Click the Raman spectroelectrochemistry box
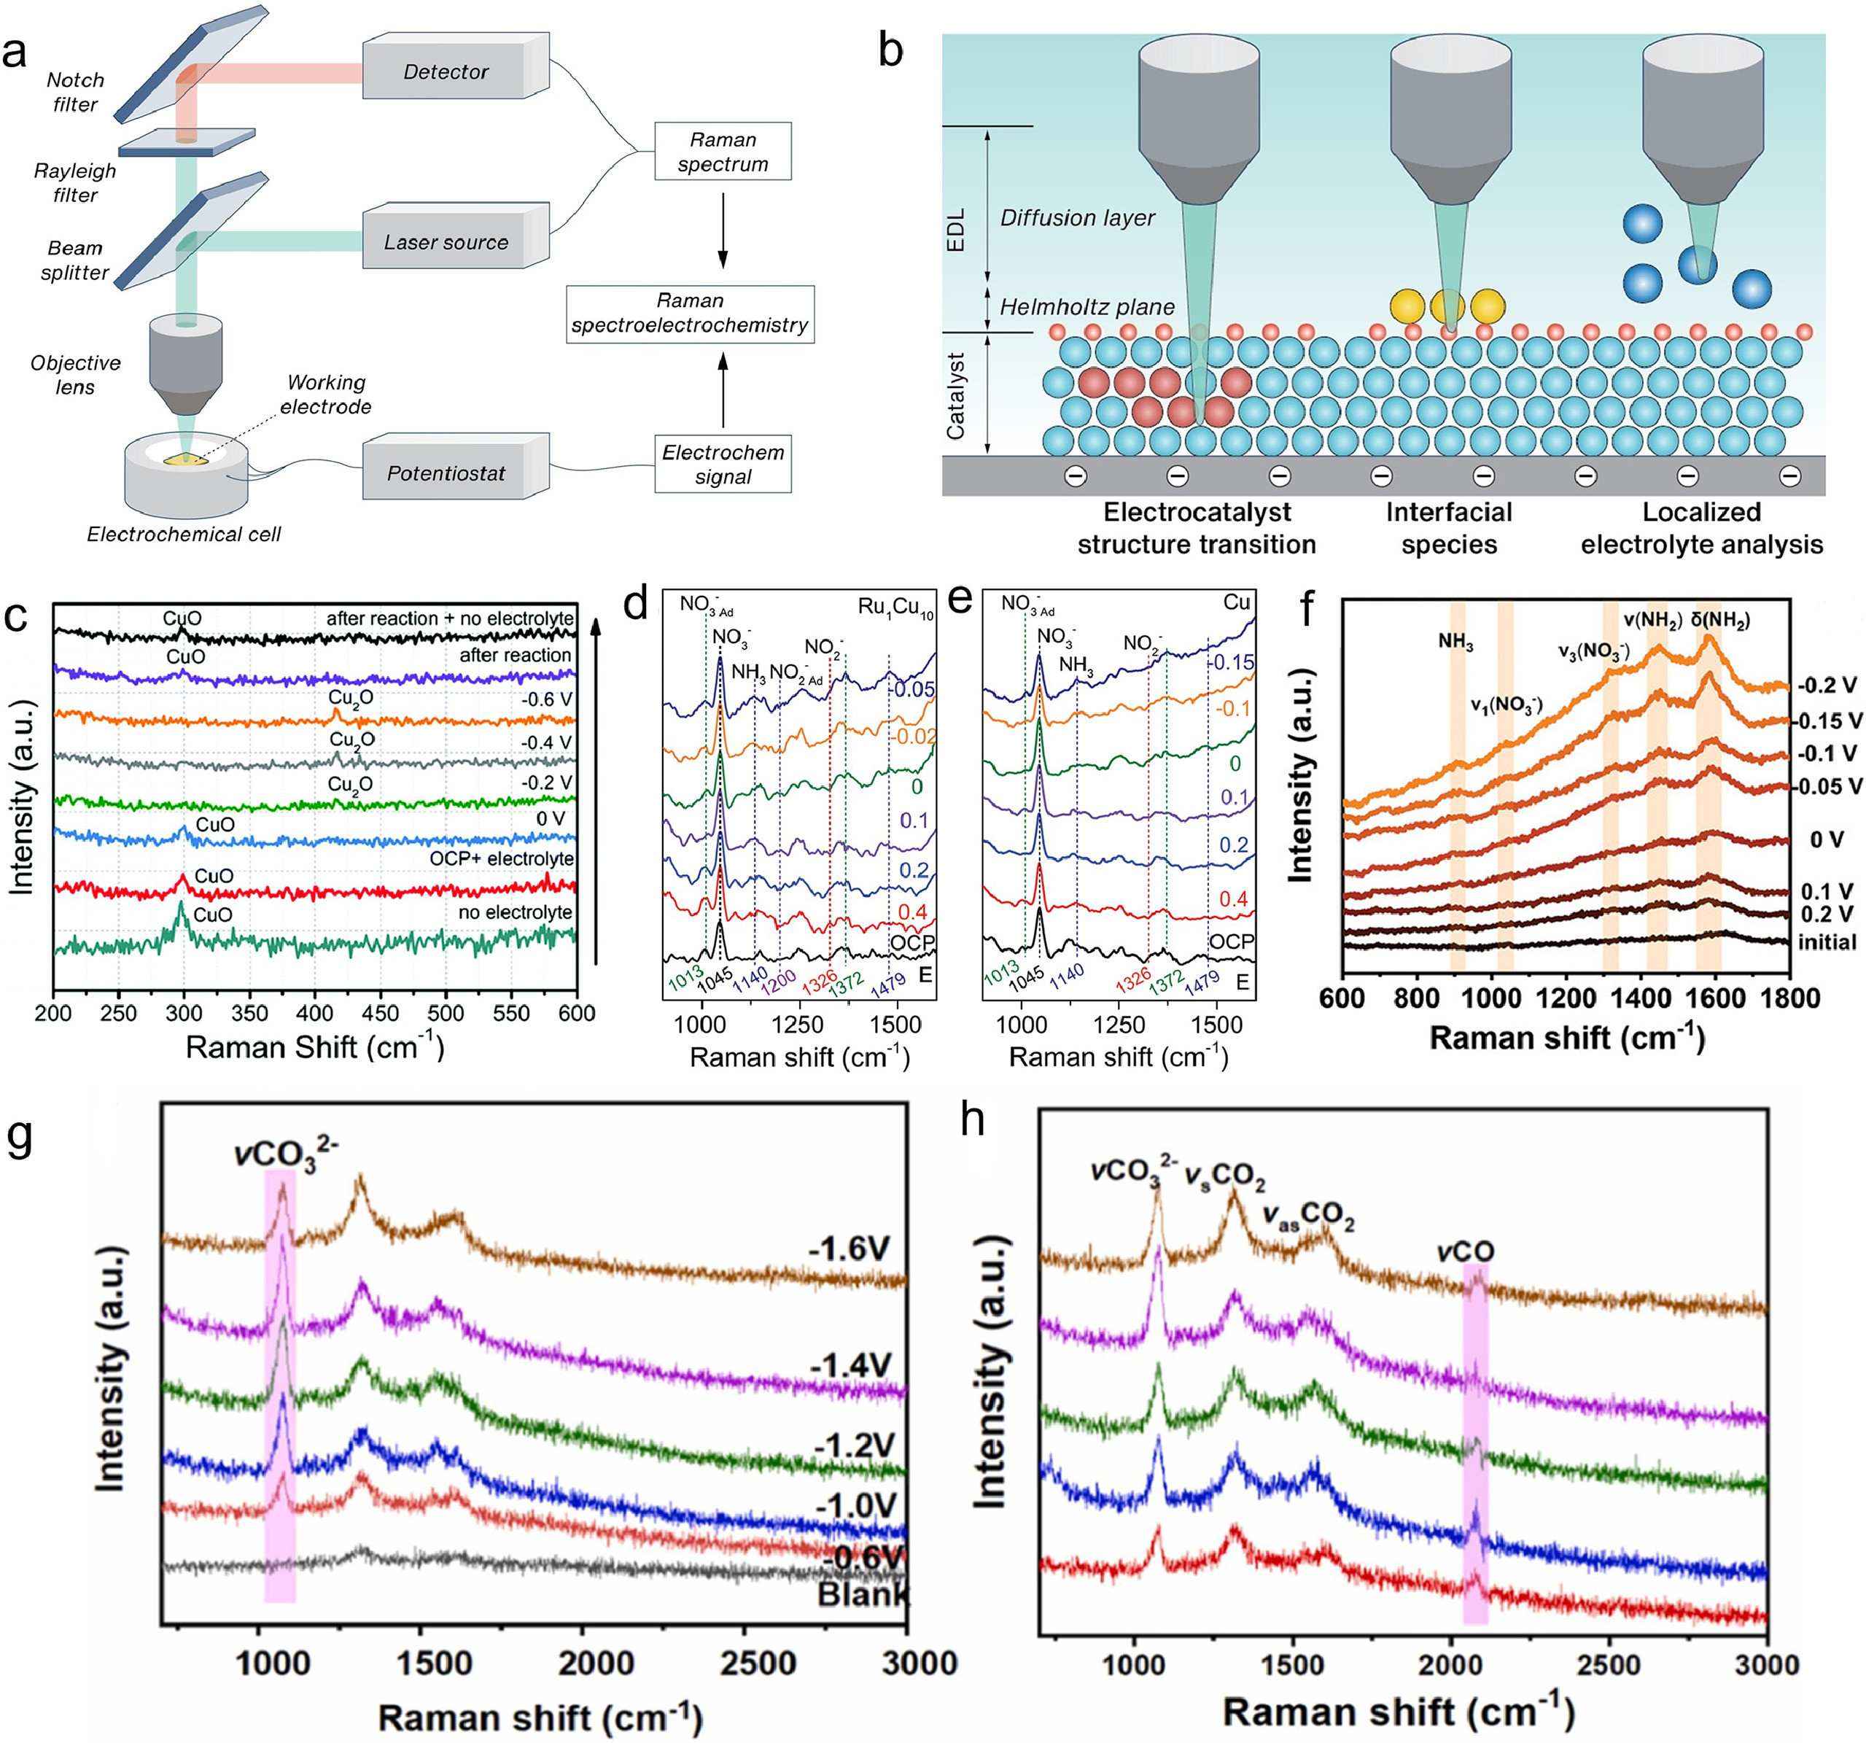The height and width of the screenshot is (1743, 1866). (690, 314)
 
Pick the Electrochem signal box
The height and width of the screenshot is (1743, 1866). (723, 464)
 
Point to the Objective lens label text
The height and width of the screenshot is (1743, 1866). (75, 375)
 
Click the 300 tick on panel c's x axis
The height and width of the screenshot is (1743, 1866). (184, 1014)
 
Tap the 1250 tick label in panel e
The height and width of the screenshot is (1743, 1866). (1119, 1024)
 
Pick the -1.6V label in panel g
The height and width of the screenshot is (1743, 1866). (847, 1249)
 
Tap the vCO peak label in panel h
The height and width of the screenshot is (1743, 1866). (1464, 1251)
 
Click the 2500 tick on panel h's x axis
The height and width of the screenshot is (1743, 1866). (1609, 1664)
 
